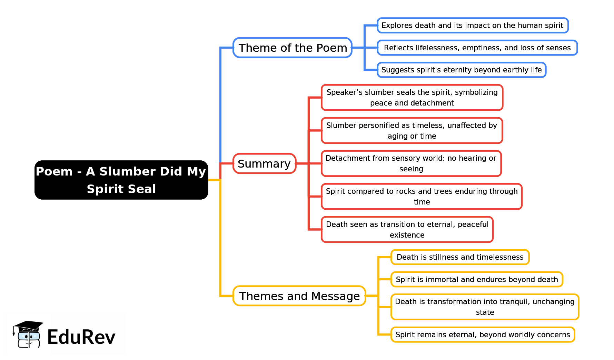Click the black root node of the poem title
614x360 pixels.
[x=121, y=180]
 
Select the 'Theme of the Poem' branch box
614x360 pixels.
[x=293, y=48]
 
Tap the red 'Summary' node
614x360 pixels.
[x=264, y=163]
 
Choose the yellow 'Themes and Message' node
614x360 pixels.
[x=299, y=296]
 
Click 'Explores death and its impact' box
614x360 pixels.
[x=472, y=26]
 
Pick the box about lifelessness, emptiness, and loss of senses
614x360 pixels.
[x=477, y=48]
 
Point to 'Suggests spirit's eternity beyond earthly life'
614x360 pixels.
[x=461, y=70]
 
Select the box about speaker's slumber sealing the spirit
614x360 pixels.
[x=412, y=98]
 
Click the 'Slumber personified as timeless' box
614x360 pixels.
[x=412, y=131]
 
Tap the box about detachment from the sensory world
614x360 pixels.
[x=411, y=163]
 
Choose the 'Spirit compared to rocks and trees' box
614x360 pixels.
[x=422, y=197]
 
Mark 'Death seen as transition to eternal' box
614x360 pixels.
[x=407, y=230]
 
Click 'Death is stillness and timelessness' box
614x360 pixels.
[x=460, y=257]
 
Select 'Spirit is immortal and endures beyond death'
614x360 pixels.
[x=477, y=279]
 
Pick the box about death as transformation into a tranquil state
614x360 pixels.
[x=485, y=307]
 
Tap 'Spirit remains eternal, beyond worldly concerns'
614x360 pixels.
[x=483, y=334]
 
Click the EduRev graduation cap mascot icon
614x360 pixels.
[x=28, y=334]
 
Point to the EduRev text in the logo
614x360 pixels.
[x=81, y=337]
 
